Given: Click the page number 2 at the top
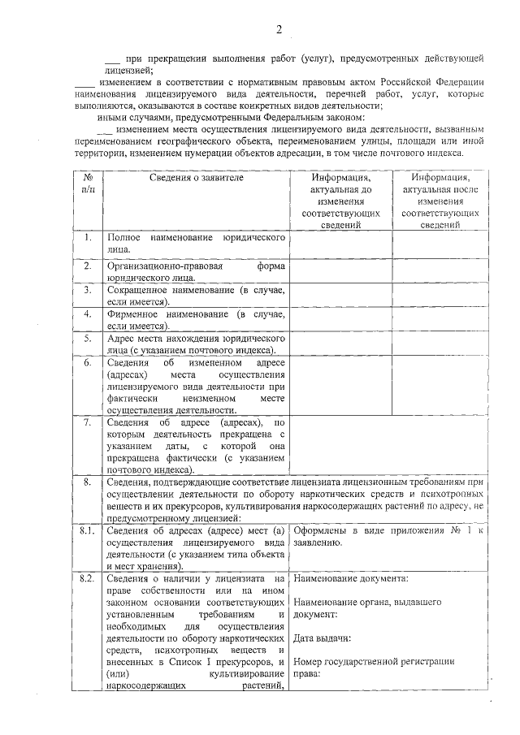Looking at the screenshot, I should [x=278, y=31].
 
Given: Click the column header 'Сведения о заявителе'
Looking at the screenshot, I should [x=196, y=178].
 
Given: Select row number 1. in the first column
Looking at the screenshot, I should [x=88, y=237].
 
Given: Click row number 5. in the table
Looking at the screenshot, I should [x=88, y=337].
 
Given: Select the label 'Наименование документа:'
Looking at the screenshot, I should [x=351, y=578].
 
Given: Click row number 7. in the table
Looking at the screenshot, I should [x=88, y=423].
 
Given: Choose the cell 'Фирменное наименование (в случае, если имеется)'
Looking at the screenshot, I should [x=196, y=319].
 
